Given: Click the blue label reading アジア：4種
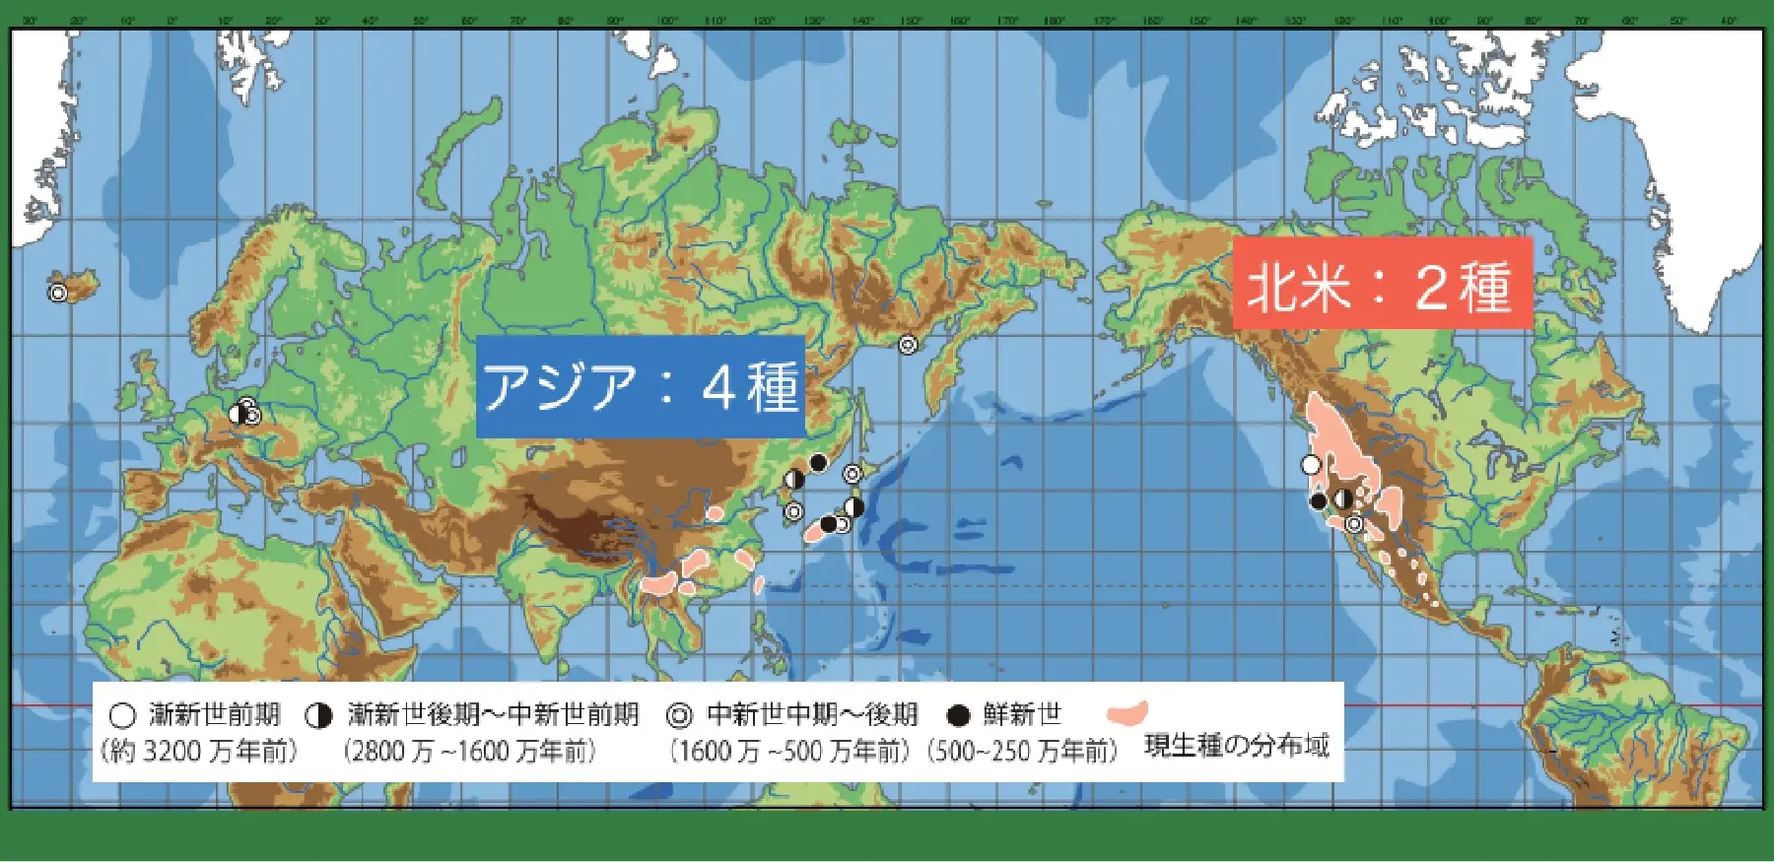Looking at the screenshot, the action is tap(641, 386).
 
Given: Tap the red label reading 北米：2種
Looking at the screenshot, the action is tap(1382, 284).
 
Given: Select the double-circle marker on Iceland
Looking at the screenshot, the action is tap(58, 293).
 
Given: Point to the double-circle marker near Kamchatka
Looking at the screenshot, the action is tap(907, 345).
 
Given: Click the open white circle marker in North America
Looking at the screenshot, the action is tap(1310, 464).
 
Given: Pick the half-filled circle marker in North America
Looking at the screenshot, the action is tap(1343, 498).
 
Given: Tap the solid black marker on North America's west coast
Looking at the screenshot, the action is tap(1319, 501).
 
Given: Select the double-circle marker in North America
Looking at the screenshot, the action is tap(1355, 524).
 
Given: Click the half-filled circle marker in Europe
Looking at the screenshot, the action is tap(238, 414).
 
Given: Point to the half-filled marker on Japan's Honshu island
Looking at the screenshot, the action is tap(854, 507).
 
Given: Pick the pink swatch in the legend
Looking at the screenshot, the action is tap(1127, 712).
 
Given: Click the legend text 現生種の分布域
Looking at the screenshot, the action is tap(1236, 746).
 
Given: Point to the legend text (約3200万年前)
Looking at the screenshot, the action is tap(198, 752).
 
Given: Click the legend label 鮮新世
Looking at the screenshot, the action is tap(1022, 714).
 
